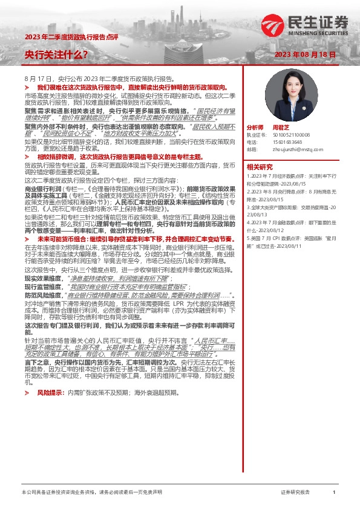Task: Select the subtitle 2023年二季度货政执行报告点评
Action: (64, 38)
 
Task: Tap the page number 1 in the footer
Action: (334, 493)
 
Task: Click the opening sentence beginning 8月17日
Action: (100, 79)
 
